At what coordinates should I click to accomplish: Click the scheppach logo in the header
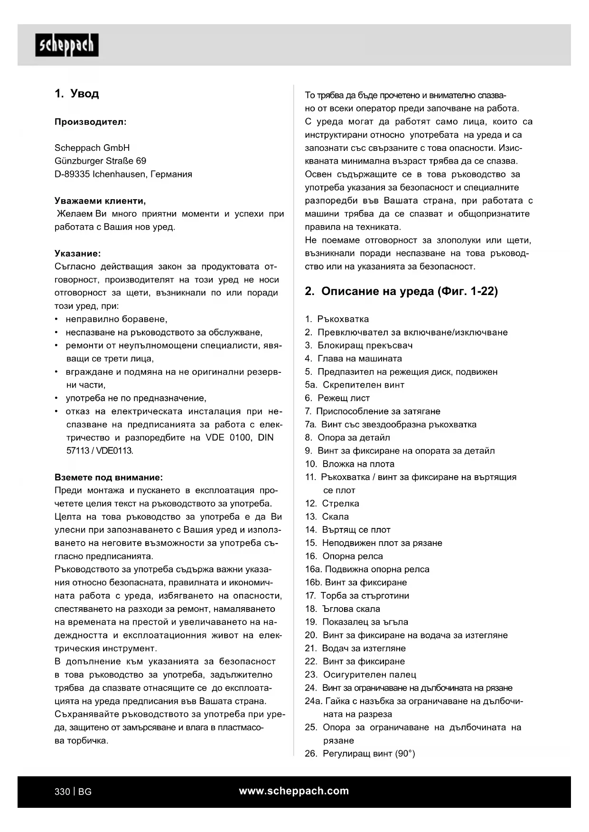point(67,45)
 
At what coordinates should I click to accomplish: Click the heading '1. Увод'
point(77,93)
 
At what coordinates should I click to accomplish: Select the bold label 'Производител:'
point(91,122)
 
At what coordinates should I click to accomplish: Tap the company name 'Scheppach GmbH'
point(92,148)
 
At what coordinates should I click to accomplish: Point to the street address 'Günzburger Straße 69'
point(101,161)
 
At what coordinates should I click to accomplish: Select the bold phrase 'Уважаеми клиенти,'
point(100,201)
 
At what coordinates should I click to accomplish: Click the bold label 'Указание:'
point(78,253)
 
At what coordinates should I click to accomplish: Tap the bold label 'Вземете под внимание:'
point(109,477)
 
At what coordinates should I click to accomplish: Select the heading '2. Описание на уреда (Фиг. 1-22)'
point(402,291)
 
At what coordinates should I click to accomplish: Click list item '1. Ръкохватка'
point(337,319)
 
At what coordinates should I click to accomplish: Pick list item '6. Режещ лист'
point(337,398)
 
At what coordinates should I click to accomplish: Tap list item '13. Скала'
point(327,517)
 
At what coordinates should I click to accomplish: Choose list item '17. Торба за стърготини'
point(357,596)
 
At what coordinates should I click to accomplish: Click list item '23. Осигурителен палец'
point(361,675)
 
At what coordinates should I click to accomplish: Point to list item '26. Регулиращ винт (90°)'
point(360,754)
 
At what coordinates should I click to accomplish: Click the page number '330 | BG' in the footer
point(73,792)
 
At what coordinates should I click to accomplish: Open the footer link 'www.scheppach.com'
point(294,791)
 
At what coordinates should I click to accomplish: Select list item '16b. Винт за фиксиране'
point(356,582)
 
